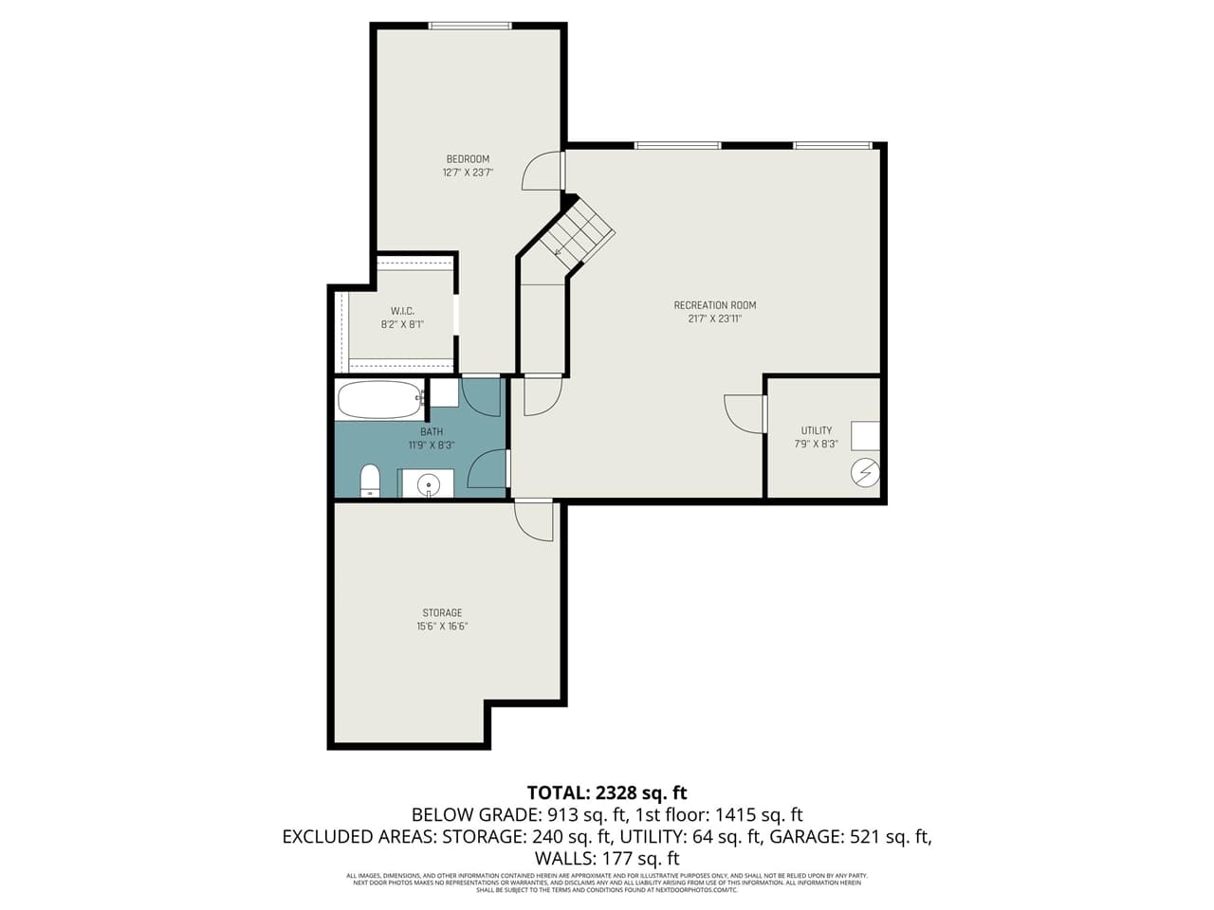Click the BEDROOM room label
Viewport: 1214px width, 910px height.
click(468, 159)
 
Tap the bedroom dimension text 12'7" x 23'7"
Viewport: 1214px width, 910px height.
click(468, 173)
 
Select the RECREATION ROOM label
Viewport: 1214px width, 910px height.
click(714, 305)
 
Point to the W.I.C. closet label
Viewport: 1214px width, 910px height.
click(402, 311)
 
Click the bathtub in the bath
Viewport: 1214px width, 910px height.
click(380, 399)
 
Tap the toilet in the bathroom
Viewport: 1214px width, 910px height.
click(370, 481)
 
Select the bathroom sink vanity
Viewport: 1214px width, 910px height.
click(428, 483)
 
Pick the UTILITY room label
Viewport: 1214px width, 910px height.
click(816, 430)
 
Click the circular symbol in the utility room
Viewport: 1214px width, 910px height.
click(865, 472)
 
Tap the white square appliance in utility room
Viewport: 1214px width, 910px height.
click(865, 435)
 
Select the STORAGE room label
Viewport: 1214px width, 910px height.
click(442, 613)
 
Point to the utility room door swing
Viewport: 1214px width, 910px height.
click(745, 414)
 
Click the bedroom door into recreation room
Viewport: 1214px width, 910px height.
click(543, 171)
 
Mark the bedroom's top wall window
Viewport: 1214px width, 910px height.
click(469, 26)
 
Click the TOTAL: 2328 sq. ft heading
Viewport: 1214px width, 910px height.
click(607, 792)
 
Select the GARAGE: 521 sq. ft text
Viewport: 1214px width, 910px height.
click(850, 836)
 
